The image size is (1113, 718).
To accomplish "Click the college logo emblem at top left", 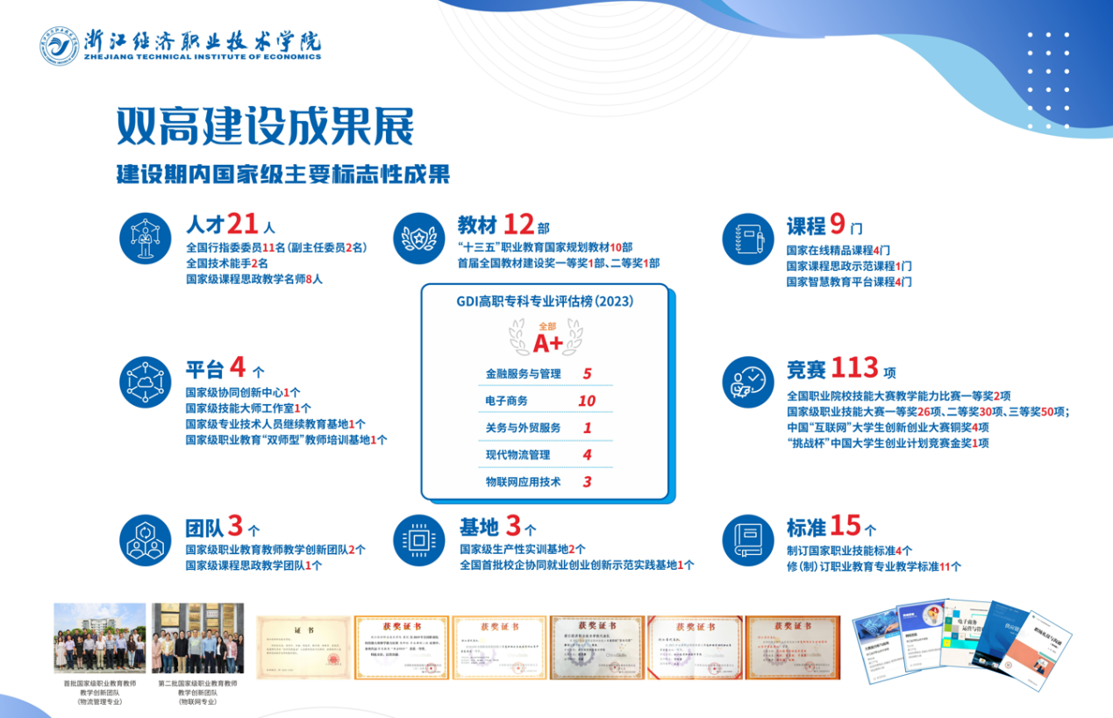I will coord(59,46).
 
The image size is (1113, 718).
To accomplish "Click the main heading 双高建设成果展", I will coord(265,128).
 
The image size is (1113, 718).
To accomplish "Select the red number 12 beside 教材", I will coord(518,224).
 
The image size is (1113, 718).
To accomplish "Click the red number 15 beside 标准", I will coord(845,525).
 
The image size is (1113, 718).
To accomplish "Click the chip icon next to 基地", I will coord(419,537).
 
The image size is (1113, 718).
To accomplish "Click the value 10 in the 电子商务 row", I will coord(587,402).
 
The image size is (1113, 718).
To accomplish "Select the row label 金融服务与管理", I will coord(523,373).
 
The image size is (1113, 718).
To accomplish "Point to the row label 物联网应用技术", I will coord(523,481).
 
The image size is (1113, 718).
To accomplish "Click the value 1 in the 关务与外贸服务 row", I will coord(587,429).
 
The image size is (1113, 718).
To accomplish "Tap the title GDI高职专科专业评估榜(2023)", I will coord(545,301).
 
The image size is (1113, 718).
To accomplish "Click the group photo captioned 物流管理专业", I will coord(100,637).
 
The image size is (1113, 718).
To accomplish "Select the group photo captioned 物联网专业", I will coord(197,637).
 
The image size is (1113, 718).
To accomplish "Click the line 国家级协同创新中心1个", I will coord(243,393).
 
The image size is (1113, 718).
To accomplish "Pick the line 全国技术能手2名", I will coord(226,263).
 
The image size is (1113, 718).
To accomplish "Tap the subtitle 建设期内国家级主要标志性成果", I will coord(283,174).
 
